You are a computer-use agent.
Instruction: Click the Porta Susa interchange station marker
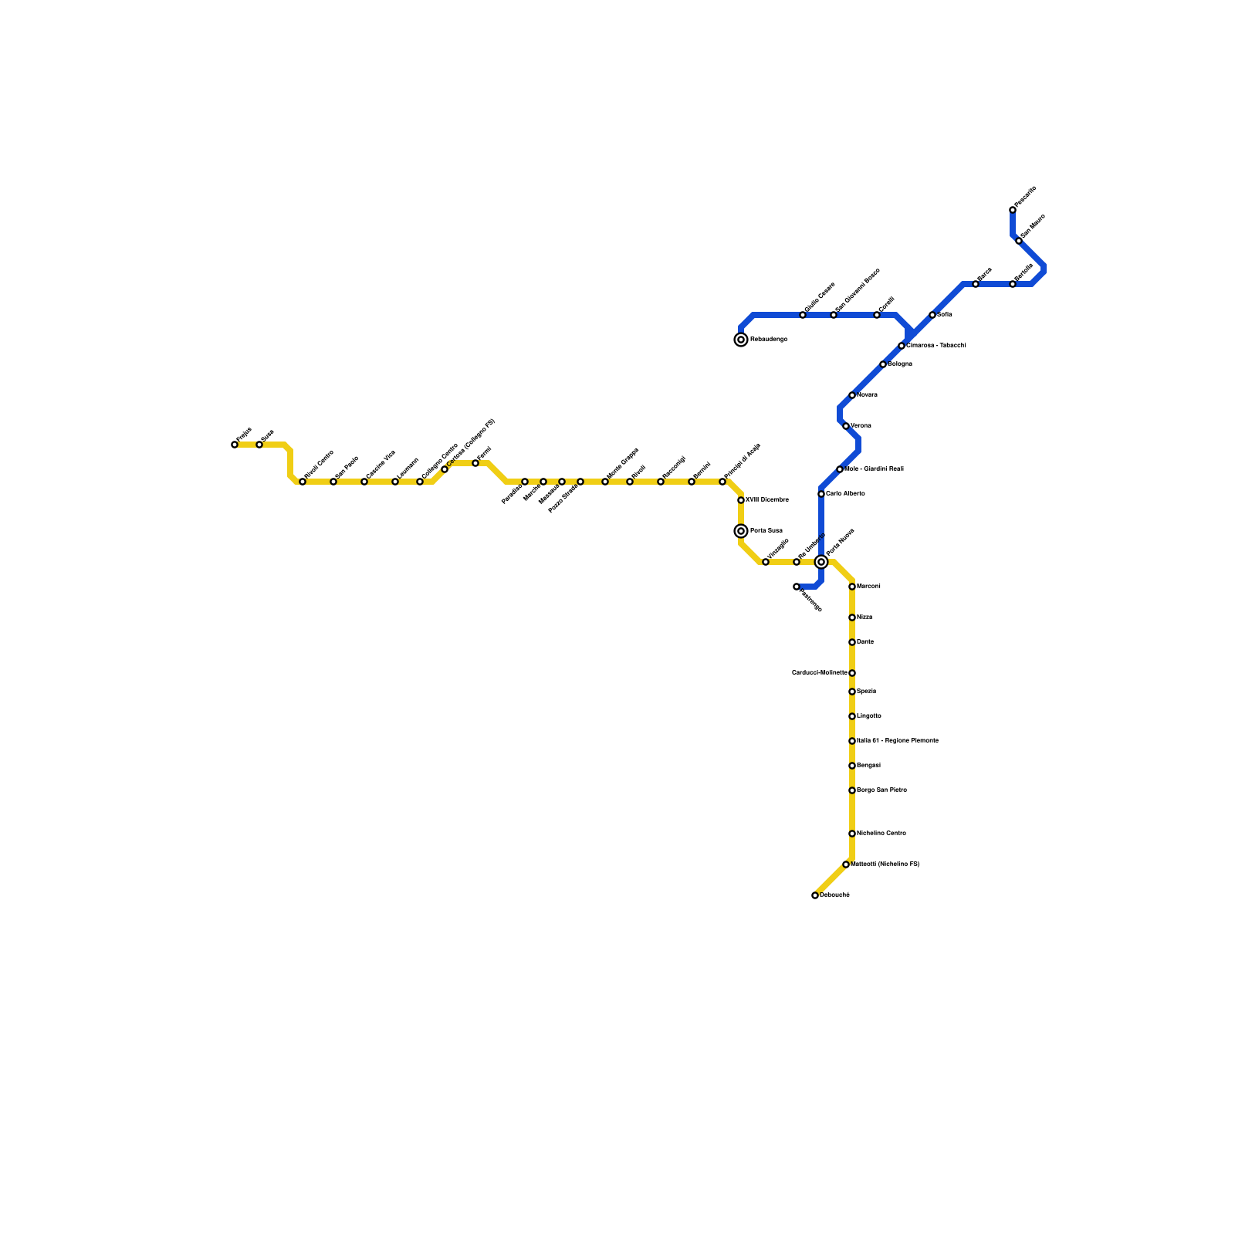coord(741,531)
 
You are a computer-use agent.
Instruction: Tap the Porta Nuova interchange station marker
coord(821,562)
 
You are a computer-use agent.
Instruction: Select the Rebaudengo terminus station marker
coord(741,340)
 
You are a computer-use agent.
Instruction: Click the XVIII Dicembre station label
coord(766,500)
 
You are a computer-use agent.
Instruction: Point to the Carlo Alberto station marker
coord(821,494)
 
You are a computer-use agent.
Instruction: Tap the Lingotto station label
coord(869,716)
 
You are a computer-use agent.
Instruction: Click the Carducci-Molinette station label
coord(819,673)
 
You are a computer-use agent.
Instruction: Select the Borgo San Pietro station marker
coord(852,790)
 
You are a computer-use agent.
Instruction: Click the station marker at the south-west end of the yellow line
coord(815,895)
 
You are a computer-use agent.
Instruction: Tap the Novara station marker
coord(852,395)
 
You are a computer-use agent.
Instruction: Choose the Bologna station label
coord(900,364)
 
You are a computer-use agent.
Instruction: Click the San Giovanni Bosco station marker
coord(834,315)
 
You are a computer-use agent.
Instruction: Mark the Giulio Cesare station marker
coord(803,315)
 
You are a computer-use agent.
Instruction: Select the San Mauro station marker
coord(1019,241)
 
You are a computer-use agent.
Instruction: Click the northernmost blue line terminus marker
coord(1013,210)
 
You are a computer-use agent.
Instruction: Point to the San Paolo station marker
coord(333,482)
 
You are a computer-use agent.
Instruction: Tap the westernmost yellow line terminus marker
coord(235,445)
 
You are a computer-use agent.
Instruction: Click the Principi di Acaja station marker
coord(722,482)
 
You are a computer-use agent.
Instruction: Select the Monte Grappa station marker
coord(605,482)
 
